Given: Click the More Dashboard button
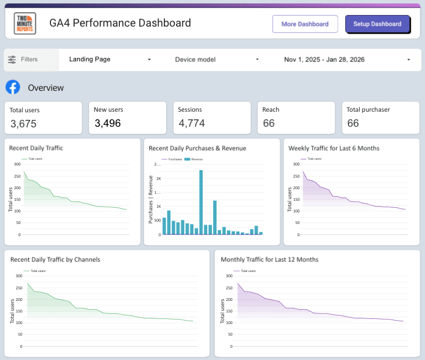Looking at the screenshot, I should (305, 24).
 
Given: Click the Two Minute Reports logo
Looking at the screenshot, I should (25, 24).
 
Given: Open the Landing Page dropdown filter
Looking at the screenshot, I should (109, 59).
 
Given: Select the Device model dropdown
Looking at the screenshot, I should (217, 59).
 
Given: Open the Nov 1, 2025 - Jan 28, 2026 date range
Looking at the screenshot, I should (347, 59).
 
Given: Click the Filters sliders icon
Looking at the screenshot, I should (12, 59).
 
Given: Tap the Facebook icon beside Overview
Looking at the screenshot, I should (13, 87).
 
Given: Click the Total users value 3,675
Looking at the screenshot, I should (24, 123).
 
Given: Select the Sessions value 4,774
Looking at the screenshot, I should (192, 123).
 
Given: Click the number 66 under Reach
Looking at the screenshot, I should (269, 123).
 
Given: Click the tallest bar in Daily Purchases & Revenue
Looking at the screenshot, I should (201, 202).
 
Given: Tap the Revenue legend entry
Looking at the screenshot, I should (197, 159).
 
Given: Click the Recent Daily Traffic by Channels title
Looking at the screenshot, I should (55, 259).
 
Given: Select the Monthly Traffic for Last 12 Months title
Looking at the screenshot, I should (269, 259).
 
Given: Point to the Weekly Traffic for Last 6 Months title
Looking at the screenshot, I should (334, 148).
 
